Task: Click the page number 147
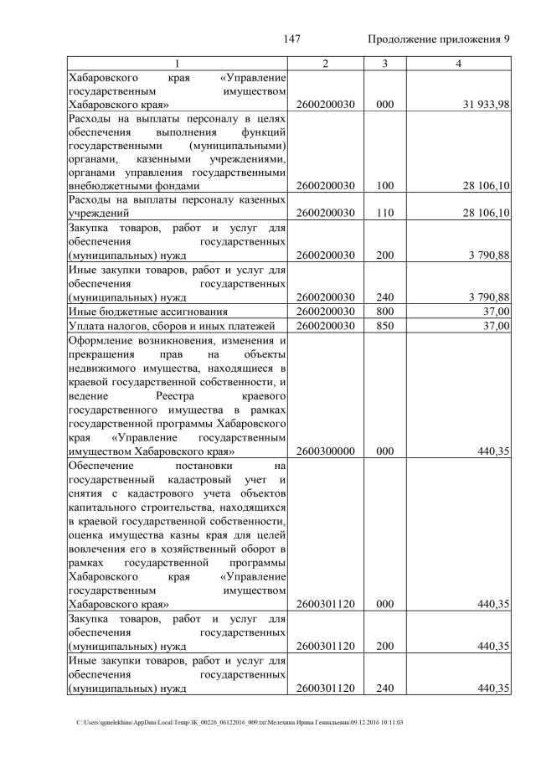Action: [x=292, y=39]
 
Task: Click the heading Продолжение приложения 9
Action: [x=439, y=39]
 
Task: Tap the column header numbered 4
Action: [x=457, y=64]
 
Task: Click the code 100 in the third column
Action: [x=384, y=185]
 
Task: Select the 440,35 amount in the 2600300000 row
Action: [x=494, y=451]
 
